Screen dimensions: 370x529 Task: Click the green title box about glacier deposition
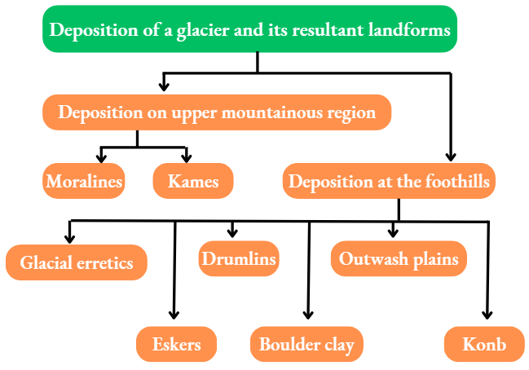[x=249, y=30]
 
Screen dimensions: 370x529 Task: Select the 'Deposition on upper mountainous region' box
[x=217, y=112]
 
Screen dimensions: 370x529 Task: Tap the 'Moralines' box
[x=84, y=181]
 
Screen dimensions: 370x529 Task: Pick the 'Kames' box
[x=193, y=181]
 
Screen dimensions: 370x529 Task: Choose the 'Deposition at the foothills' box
[x=389, y=181]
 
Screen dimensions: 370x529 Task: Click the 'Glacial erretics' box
[x=77, y=263]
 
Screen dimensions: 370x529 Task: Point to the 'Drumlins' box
[x=238, y=259]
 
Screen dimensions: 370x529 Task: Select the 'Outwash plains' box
[x=399, y=259]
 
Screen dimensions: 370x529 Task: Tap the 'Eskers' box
[x=176, y=344]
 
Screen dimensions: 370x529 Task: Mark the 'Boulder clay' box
[x=306, y=344]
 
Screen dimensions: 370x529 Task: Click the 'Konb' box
[x=484, y=344]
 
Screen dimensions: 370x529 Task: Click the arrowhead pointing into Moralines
[x=102, y=157]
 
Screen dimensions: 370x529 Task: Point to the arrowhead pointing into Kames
[x=187, y=157]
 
